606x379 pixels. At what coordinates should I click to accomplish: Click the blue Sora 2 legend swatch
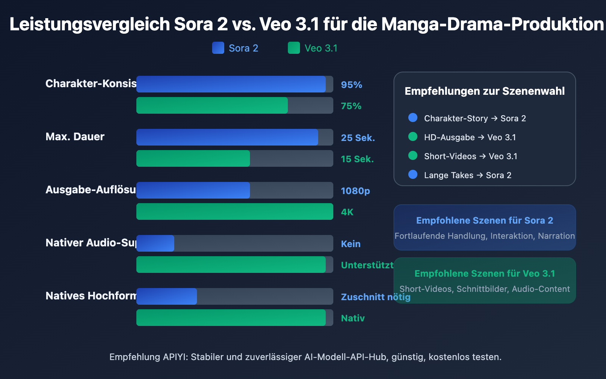point(218,48)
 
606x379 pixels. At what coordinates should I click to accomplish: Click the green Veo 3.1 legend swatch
point(294,48)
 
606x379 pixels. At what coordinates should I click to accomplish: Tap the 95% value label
point(351,85)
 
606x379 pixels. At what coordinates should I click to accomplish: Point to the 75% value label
point(351,106)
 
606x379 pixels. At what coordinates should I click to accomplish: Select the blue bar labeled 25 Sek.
point(227,137)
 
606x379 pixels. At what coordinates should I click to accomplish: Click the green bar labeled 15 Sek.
point(193,158)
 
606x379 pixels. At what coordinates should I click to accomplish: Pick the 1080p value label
point(355,191)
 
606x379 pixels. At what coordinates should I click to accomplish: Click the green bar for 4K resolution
point(235,211)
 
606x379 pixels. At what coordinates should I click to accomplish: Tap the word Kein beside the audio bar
point(351,244)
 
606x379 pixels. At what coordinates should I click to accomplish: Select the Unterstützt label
point(367,265)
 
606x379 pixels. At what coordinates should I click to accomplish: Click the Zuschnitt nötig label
point(375,297)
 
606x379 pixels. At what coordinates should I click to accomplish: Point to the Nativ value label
point(353,318)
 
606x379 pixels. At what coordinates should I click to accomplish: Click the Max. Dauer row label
point(75,136)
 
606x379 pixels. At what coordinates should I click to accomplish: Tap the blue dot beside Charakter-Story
point(413,117)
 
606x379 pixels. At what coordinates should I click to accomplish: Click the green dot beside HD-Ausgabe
point(413,136)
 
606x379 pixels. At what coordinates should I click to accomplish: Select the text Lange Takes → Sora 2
point(467,175)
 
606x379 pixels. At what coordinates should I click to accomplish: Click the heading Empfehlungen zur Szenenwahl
point(484,91)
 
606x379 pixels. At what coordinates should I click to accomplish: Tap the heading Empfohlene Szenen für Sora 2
point(484,220)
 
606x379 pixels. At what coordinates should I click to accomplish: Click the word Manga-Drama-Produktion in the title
point(492,24)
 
